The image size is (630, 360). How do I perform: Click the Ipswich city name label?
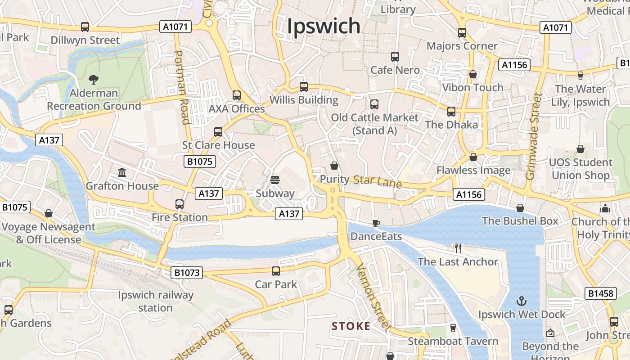[x=324, y=26]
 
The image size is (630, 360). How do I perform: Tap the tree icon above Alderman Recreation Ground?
[x=94, y=80]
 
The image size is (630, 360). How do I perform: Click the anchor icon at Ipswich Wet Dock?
[x=522, y=301]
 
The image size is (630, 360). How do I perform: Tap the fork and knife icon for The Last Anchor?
[x=458, y=248]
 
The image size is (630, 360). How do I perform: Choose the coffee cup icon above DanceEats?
[x=376, y=223]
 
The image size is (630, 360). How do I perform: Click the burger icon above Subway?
[x=275, y=180]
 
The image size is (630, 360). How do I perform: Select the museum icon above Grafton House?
[x=122, y=172]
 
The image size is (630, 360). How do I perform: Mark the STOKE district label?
[x=351, y=326]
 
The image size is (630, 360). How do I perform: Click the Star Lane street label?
[x=377, y=181]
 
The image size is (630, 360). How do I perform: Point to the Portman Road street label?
[x=182, y=87]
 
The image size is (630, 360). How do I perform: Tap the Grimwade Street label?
[x=534, y=136]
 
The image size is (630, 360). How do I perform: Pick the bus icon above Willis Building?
[x=304, y=86]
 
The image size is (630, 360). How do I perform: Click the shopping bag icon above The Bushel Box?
[x=520, y=207]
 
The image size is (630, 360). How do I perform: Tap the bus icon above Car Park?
[x=276, y=271]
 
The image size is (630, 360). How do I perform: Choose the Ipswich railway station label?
[x=155, y=301]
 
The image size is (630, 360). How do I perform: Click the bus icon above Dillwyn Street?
[x=85, y=27]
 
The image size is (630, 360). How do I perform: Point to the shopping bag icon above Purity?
[x=334, y=166]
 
